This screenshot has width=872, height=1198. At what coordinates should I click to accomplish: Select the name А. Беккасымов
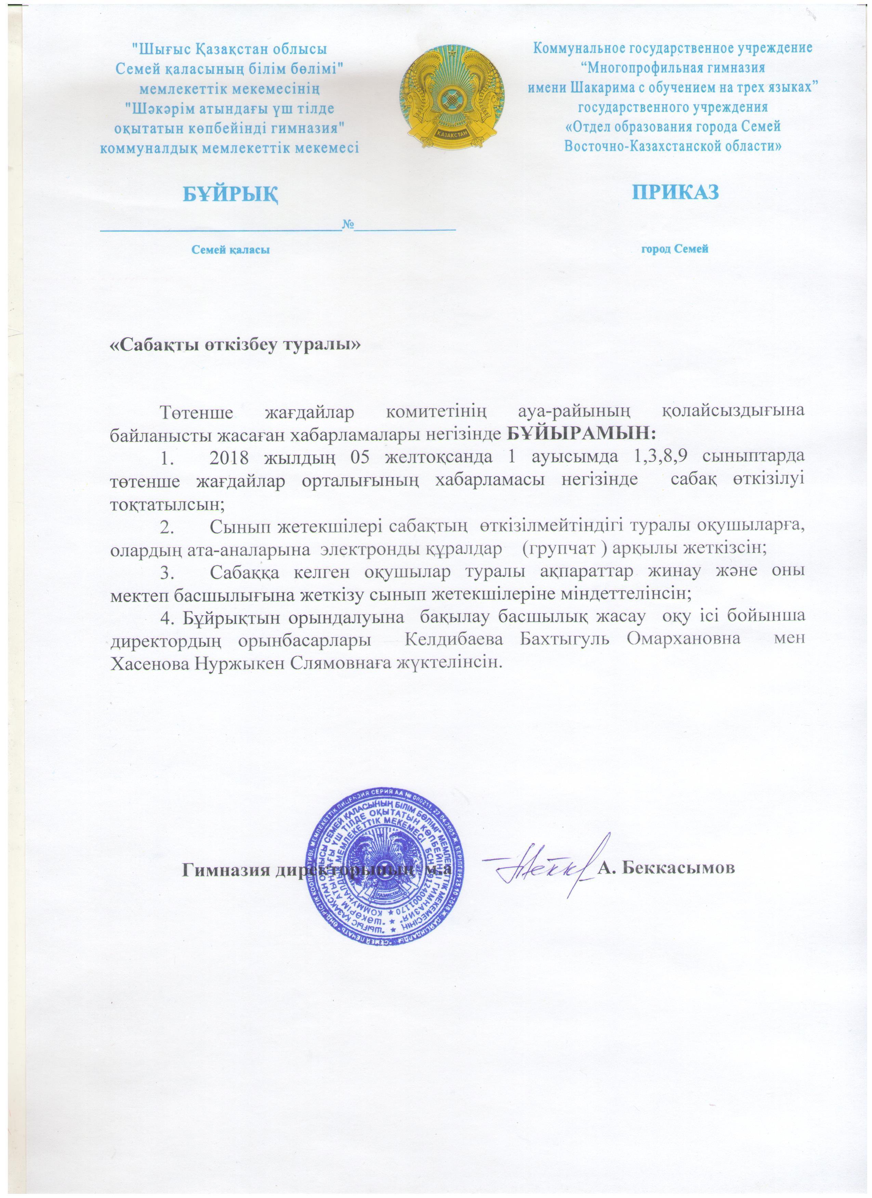pyautogui.click(x=666, y=869)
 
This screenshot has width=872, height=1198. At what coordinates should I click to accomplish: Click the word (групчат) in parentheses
pyautogui.click(x=560, y=548)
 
